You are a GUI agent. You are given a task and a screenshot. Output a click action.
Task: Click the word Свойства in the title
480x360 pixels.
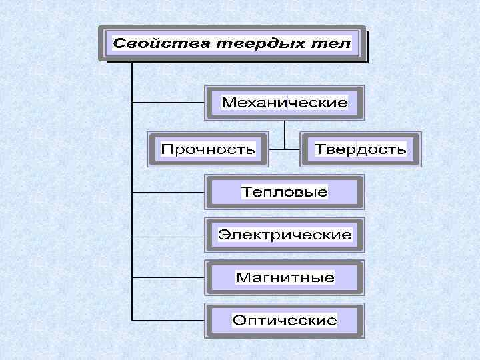(x=155, y=44)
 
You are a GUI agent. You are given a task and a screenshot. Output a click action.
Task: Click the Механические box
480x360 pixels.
(x=285, y=103)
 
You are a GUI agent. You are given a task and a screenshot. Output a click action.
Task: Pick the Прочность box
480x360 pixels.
(x=207, y=149)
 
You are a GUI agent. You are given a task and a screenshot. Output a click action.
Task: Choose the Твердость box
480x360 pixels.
(x=361, y=149)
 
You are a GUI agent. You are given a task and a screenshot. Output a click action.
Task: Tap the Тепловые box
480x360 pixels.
(x=285, y=192)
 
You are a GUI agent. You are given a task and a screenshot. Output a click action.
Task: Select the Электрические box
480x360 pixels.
(x=285, y=235)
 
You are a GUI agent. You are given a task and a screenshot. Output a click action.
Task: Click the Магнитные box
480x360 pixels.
(x=285, y=277)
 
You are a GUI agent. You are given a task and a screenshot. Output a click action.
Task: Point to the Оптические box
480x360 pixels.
(x=285, y=321)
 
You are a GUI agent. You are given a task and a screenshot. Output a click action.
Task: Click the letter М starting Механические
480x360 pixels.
(x=227, y=103)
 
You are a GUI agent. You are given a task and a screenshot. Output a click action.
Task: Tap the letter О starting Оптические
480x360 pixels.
(x=238, y=321)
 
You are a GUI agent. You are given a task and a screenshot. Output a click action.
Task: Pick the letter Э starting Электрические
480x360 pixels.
(x=225, y=235)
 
